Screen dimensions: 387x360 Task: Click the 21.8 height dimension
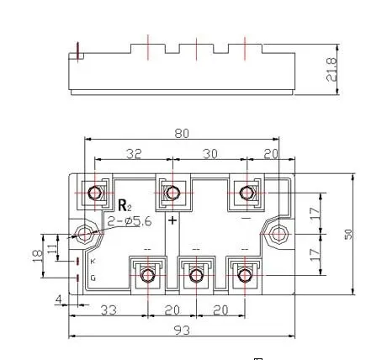331,70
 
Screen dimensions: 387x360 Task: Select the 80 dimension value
182,134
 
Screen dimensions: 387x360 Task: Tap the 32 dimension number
134,154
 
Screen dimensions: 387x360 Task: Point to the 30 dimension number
210,154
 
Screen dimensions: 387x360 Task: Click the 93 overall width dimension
182,331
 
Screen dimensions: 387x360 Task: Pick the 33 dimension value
109,310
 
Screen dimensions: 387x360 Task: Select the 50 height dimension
348,235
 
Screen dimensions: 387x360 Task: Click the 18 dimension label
38,256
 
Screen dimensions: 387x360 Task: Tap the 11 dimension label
52,248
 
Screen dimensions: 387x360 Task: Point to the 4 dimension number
59,299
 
